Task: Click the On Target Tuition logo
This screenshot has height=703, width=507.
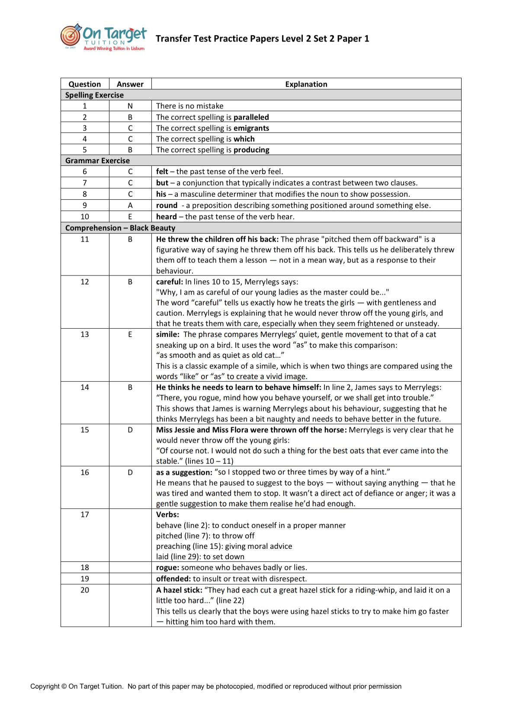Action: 103,38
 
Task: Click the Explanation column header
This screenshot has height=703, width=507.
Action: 306,84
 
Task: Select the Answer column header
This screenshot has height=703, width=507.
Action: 130,84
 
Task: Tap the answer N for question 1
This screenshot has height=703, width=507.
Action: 130,106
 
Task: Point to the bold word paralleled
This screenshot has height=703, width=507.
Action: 251,117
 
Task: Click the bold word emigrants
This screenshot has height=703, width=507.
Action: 251,128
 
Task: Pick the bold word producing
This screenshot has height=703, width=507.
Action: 251,150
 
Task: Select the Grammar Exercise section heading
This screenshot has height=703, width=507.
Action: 97,161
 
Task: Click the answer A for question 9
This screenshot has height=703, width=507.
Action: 130,205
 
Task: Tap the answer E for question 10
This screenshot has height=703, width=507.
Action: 130,217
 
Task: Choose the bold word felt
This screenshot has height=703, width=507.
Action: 162,172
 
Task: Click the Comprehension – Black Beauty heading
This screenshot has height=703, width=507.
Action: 120,228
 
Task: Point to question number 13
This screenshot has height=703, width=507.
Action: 85,334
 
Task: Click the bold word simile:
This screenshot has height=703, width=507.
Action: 167,334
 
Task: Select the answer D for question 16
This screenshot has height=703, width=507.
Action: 130,472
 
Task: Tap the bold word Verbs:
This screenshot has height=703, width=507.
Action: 167,515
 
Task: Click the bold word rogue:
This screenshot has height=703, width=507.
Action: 167,567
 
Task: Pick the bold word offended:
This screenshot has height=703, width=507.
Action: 173,579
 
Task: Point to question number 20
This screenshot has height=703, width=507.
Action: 85,590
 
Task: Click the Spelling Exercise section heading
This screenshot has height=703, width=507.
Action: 94,95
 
